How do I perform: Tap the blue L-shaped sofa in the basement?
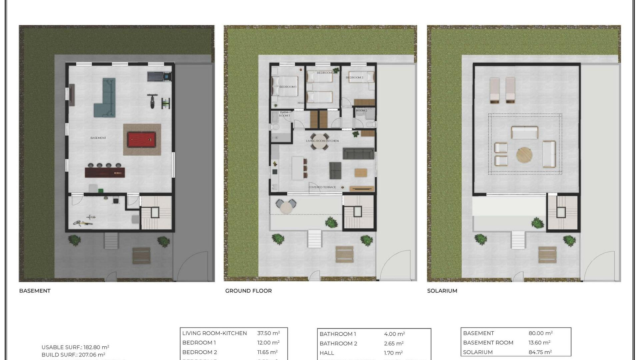[106, 100]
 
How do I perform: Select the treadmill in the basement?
[159, 76]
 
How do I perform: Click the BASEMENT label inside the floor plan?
[98, 138]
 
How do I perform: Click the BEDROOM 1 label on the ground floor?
[288, 87]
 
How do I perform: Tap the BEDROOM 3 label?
[354, 77]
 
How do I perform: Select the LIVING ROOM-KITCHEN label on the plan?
[322, 141]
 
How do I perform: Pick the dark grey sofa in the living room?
[358, 154]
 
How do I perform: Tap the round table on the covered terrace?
[286, 207]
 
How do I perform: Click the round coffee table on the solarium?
[524, 155]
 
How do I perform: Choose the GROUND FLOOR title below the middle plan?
[248, 291]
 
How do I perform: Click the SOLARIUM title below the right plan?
[442, 291]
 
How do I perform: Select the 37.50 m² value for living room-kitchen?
[268, 333]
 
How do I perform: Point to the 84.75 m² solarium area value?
[540, 352]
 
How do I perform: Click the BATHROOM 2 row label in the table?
[338, 343]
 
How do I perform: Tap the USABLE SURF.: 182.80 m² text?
[75, 347]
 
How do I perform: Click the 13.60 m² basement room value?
[539, 342]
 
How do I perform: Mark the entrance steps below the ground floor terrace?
[314, 239]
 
